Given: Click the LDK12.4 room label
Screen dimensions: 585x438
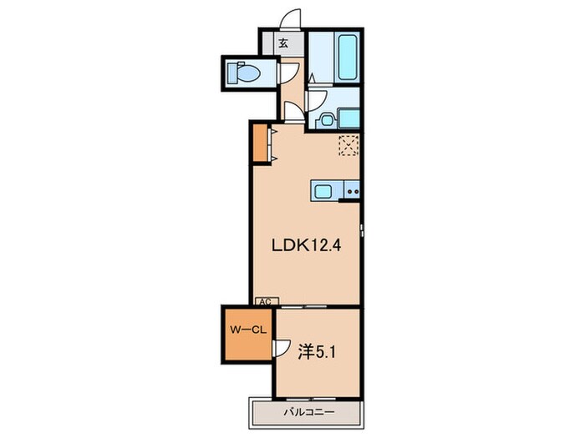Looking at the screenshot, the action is tap(306, 245).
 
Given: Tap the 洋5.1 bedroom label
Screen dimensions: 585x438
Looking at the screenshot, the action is tap(317, 352).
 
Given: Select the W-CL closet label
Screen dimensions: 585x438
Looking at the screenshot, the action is tap(248, 330).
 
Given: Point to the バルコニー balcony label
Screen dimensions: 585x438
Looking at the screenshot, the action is tap(309, 412).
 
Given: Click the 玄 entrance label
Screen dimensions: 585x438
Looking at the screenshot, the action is tap(283, 43).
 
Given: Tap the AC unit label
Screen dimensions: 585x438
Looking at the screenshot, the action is tap(266, 302).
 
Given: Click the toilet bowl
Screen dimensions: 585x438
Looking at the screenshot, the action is tap(243, 73).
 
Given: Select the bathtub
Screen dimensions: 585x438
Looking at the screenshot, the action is tap(348, 57).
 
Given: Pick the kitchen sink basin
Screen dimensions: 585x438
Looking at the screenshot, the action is tap(323, 191).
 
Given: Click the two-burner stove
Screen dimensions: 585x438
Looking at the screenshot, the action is tap(352, 191).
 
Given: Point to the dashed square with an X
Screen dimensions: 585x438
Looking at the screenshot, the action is tap(348, 145).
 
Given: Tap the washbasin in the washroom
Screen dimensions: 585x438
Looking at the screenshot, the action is tap(327, 120).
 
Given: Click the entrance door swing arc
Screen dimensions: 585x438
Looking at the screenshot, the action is tap(291, 18).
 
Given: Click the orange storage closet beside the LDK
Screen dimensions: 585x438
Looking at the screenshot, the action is tap(260, 143).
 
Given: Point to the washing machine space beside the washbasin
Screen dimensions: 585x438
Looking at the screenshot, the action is tap(348, 118).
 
